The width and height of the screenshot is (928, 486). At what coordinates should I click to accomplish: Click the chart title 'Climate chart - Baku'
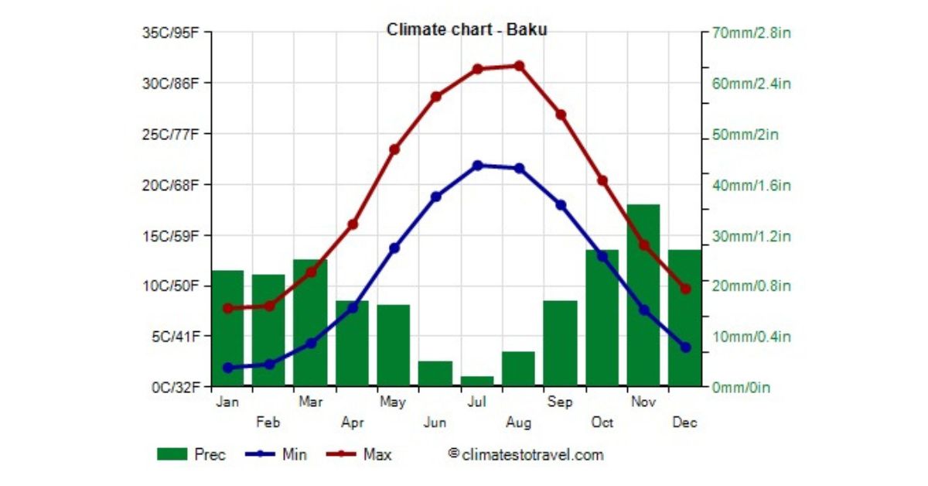pos(467,30)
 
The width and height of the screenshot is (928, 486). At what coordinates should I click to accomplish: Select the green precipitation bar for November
pos(643,295)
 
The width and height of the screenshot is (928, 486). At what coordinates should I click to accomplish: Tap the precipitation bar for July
pos(477,381)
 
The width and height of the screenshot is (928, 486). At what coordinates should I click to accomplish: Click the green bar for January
pos(227,328)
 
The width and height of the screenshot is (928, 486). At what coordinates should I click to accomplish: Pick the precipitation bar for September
pos(560,343)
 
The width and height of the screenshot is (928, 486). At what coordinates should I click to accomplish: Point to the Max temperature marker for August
pos(519,66)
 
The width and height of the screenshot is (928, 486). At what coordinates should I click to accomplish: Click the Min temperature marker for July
pos(477,166)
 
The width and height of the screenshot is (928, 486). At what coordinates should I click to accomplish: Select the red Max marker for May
pos(394,149)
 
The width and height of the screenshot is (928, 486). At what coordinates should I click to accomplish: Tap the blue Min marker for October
pos(602,256)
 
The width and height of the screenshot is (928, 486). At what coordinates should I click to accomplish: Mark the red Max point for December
pos(685,289)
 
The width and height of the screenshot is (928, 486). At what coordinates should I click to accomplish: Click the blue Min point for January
pos(227,368)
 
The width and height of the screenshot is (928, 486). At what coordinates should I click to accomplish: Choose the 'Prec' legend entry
pos(191,455)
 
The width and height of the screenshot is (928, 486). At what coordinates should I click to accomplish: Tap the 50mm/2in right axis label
pos(744,135)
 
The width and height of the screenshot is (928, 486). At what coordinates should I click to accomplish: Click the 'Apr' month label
pos(353,423)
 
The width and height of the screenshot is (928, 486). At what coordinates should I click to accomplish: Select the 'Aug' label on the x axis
pos(519,423)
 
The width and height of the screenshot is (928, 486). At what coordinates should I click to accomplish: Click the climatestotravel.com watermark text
pos(526,454)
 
